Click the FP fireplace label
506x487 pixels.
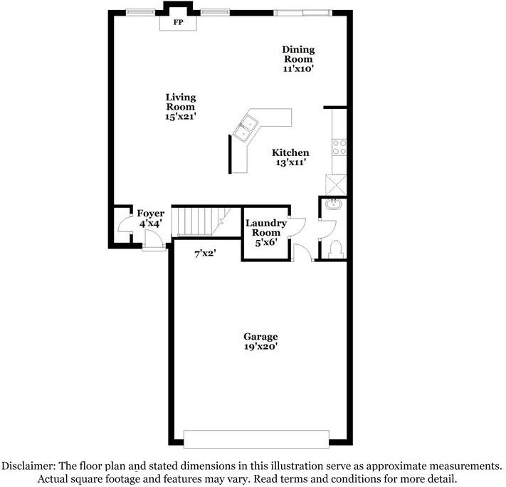176,23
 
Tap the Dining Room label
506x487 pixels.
297,59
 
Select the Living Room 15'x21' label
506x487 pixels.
181,107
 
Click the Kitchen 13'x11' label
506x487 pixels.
290,157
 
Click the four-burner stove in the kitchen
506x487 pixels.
339,147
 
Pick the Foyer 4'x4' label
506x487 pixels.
150,218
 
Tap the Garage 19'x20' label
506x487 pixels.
260,342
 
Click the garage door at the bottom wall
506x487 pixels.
256,437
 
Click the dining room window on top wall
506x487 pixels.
302,11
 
